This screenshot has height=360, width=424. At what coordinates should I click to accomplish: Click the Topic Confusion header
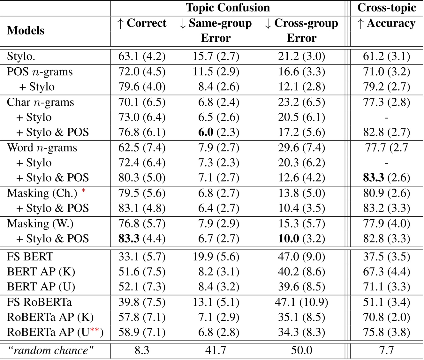pyautogui.click(x=228, y=8)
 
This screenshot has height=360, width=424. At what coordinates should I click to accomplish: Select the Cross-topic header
pyautogui.click(x=386, y=8)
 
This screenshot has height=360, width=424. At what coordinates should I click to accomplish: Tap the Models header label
pyautogui.click(x=26, y=31)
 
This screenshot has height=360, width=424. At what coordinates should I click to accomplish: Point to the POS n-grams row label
pyautogui.click(x=40, y=72)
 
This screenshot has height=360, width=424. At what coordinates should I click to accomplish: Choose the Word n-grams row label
pyautogui.click(x=42, y=148)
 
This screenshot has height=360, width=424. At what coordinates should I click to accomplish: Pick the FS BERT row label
pyautogui.click(x=30, y=257)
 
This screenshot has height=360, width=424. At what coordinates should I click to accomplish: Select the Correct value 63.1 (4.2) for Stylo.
pyautogui.click(x=142, y=56)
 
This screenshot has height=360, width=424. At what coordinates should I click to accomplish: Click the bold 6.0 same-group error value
pyautogui.click(x=206, y=132)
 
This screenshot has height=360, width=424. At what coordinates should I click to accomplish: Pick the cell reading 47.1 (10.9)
pyautogui.click(x=301, y=302)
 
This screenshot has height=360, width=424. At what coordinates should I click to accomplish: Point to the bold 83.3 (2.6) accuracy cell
pyautogui.click(x=386, y=178)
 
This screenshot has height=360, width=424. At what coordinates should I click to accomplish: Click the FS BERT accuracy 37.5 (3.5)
pyautogui.click(x=386, y=257)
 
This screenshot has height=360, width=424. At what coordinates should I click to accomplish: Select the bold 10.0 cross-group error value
pyautogui.click(x=289, y=238)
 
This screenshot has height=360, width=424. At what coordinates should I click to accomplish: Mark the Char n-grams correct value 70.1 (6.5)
pyautogui.click(x=142, y=102)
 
